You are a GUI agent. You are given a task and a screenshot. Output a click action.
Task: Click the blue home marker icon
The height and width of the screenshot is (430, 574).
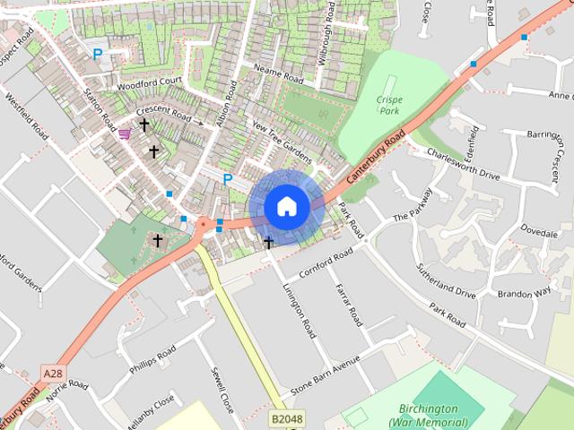point(286,207)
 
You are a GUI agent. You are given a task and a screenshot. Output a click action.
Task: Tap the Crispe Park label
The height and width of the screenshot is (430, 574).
point(387,106)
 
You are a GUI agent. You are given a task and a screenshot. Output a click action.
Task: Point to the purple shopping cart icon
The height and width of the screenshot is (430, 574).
point(124,133)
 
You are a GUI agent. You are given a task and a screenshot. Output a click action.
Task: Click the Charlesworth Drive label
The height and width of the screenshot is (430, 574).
point(463,161)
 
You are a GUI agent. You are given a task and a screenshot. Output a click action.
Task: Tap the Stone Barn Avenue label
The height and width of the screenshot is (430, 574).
point(325,376)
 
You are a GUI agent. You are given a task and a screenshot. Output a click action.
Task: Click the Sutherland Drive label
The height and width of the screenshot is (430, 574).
point(446,280)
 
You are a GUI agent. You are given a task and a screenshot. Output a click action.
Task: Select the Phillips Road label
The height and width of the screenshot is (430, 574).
point(152,360)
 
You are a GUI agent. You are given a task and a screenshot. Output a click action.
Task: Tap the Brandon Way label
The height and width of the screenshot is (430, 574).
point(524,293)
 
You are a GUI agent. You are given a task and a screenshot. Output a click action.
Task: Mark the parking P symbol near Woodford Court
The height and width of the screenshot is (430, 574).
point(97,54)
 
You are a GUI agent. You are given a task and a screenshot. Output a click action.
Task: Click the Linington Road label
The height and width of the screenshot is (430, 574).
point(299,310)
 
